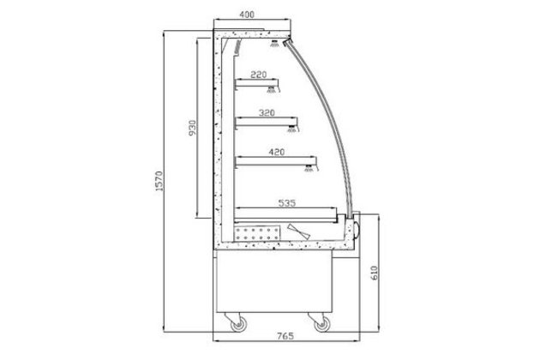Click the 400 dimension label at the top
[x=247, y=15]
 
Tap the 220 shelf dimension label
[x=259, y=75]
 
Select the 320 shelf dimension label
[x=267, y=112]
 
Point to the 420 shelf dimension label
[x=277, y=152]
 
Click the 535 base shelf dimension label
[x=287, y=203]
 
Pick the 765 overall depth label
[x=285, y=335]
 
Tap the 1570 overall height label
[x=159, y=181]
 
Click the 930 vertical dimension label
[x=193, y=128]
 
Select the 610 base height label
[x=375, y=273]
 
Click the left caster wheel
[x=238, y=324]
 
